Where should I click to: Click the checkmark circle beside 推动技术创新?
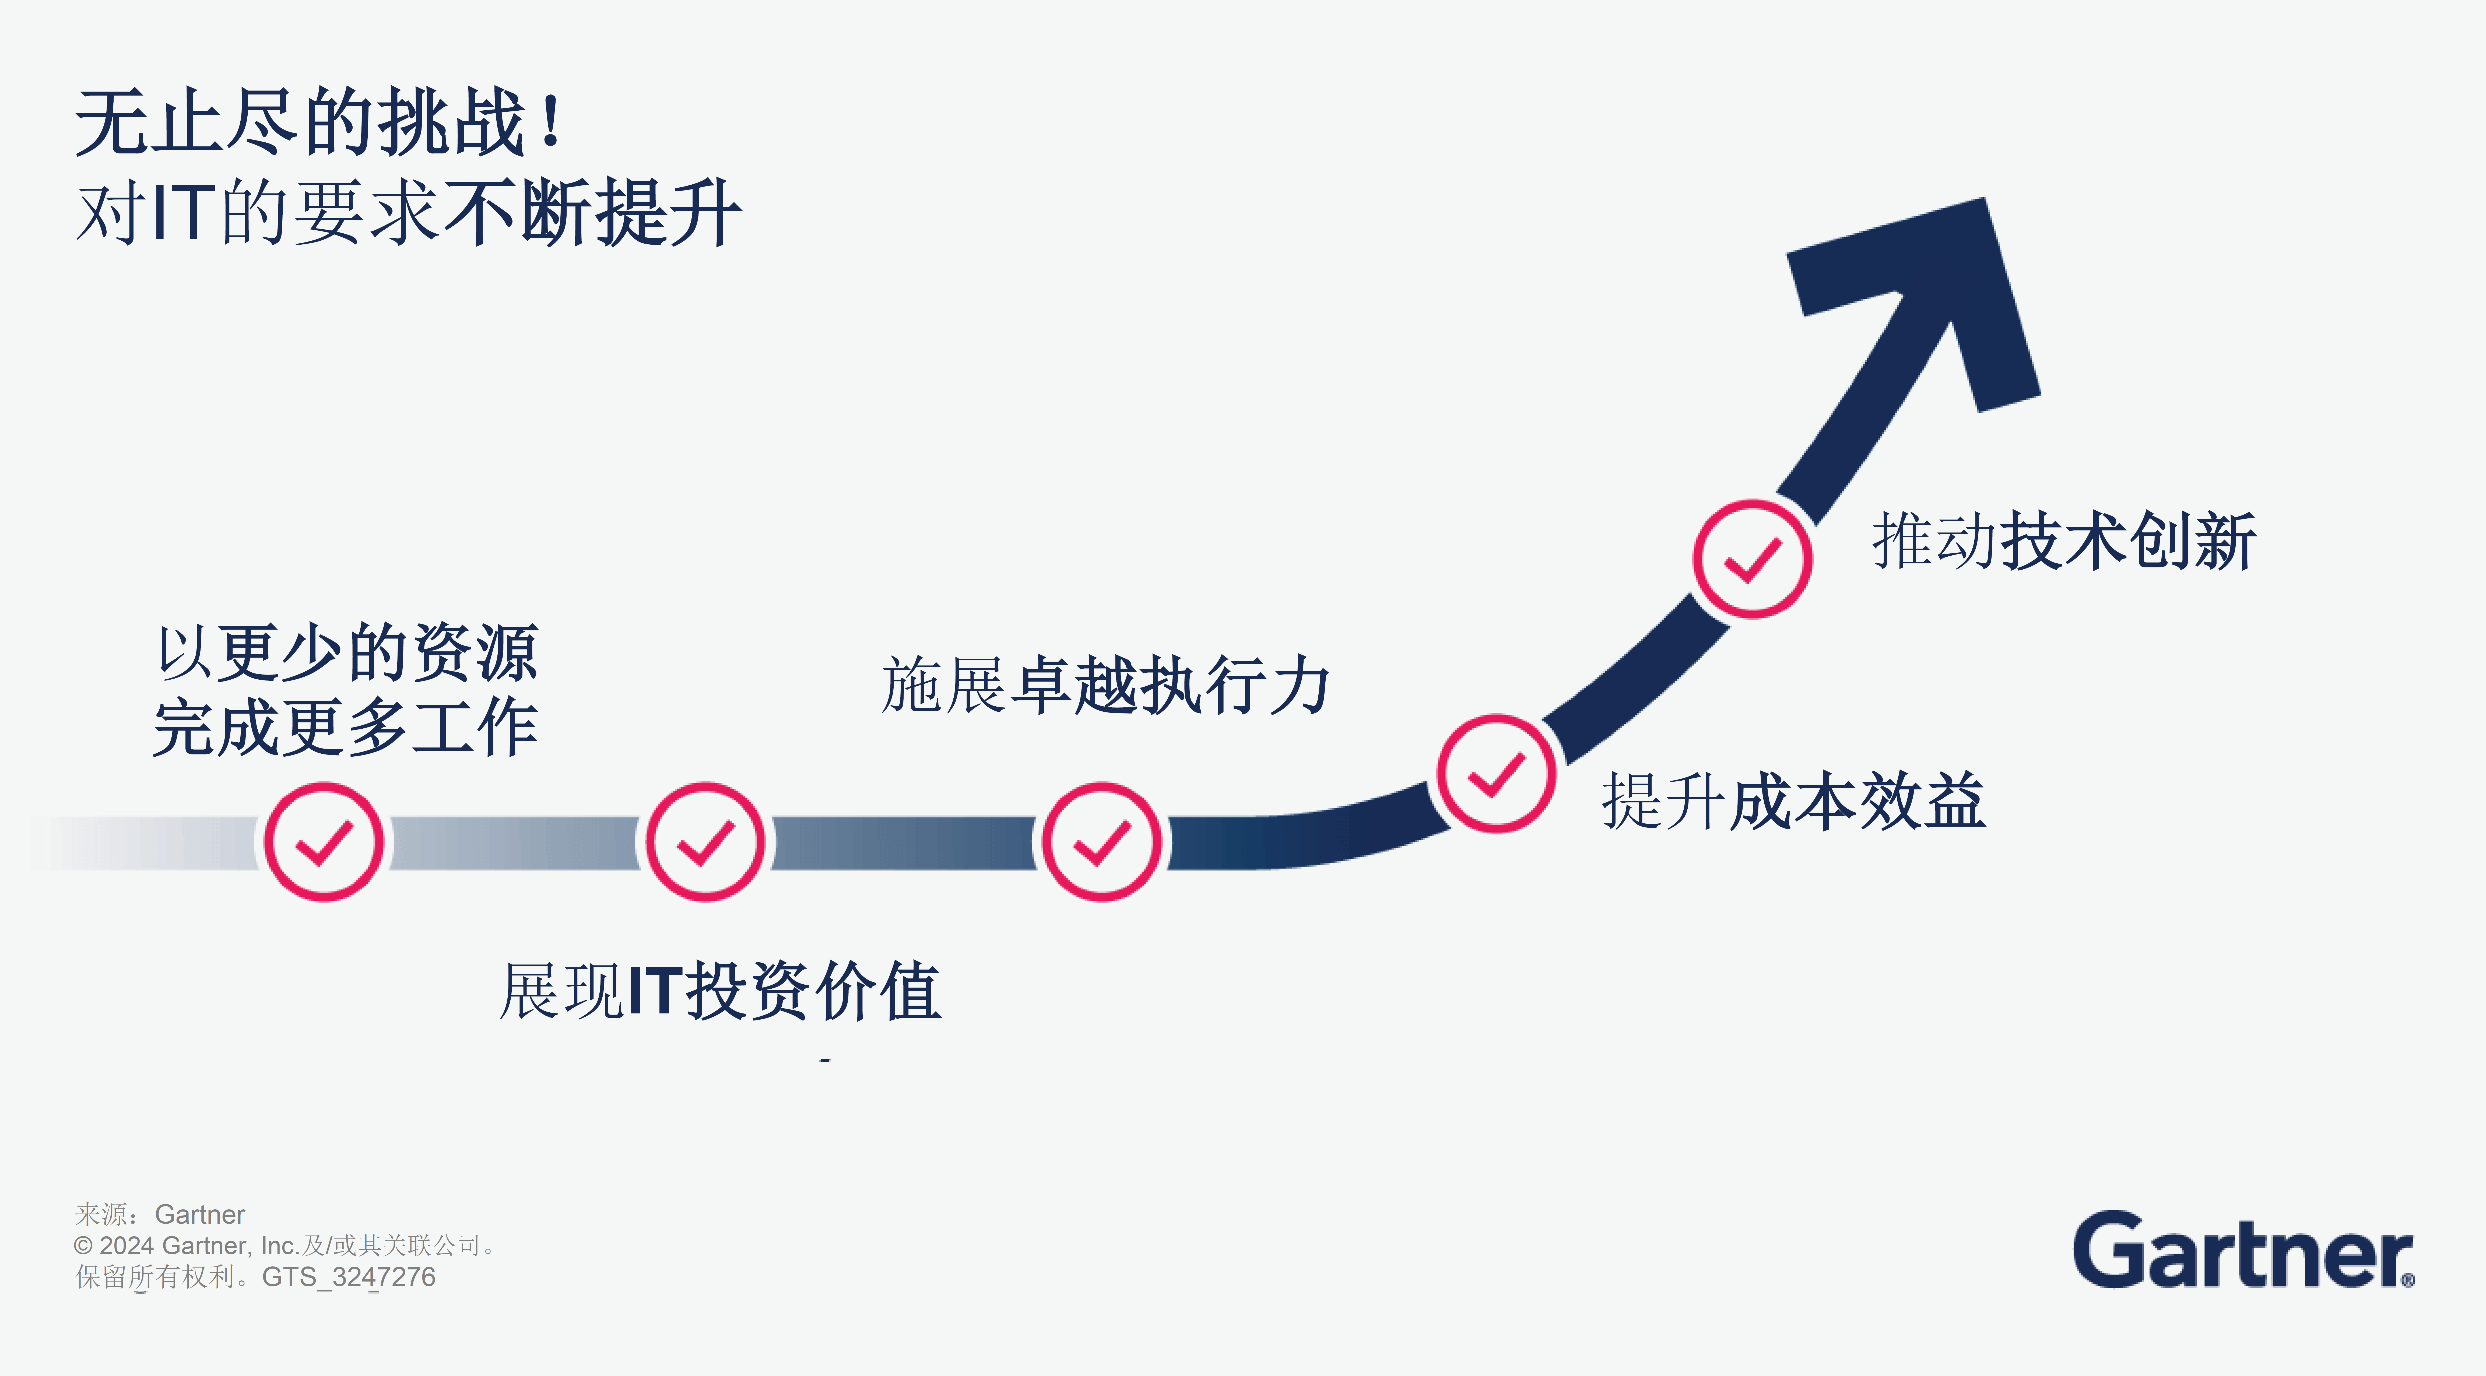pos(1752,559)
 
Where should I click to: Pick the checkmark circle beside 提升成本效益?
pos(1496,773)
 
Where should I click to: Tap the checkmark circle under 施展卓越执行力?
pos(1101,841)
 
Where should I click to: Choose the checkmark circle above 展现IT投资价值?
pos(705,841)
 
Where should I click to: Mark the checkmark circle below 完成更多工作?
pos(323,841)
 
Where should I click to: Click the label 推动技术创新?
pos(2063,541)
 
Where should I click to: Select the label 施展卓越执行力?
pos(1105,685)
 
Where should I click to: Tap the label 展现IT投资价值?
pos(720,991)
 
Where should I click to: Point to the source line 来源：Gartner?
pos(160,1214)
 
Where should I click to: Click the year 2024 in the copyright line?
pos(127,1246)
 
